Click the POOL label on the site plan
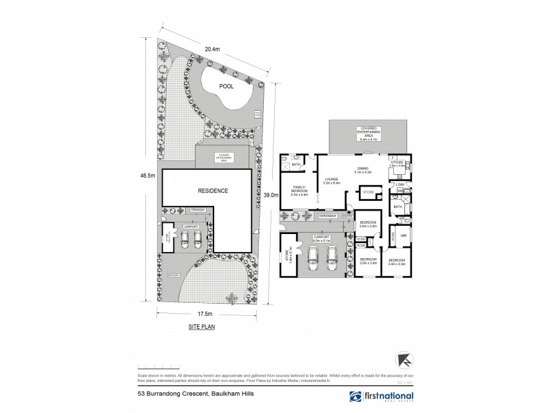click(226, 86)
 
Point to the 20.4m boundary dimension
click(212, 49)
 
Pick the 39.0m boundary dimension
click(271, 195)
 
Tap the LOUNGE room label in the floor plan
click(332, 180)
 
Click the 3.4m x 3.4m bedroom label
click(399, 262)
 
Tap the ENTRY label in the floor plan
click(349, 216)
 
